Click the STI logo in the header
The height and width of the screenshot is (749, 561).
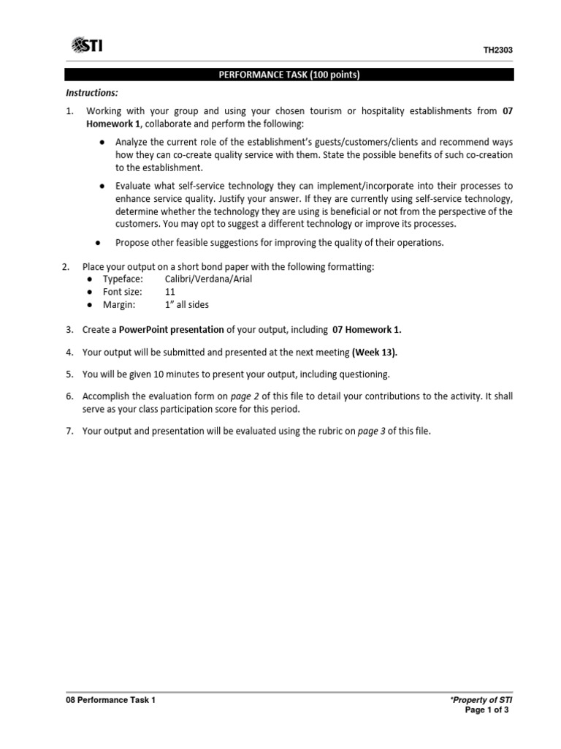pos(87,46)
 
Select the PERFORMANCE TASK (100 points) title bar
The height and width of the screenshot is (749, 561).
pos(289,75)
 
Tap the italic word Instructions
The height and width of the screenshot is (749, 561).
pos(92,93)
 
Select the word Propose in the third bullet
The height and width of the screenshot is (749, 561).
pos(134,242)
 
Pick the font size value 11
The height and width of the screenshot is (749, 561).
pos(170,292)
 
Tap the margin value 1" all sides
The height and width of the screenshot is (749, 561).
pos(187,304)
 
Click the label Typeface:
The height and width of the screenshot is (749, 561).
pos(123,279)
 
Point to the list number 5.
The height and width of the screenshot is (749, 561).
pos(69,374)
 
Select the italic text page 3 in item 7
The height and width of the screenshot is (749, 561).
pos(370,432)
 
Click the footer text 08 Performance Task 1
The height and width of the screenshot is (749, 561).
pos(110,700)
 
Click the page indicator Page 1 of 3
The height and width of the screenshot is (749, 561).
pos(486,710)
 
